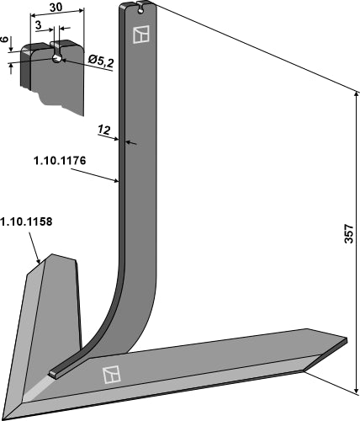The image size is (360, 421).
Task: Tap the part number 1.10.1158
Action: click(x=26, y=223)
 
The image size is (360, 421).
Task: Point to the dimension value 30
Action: click(x=55, y=8)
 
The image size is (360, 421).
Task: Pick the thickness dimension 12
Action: click(x=105, y=130)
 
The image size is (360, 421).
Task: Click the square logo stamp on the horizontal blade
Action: click(x=109, y=375)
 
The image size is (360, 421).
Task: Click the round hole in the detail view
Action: click(x=56, y=59)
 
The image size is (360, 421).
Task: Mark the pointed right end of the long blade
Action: click(x=343, y=341)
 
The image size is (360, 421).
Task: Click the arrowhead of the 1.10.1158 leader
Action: click(x=40, y=263)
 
